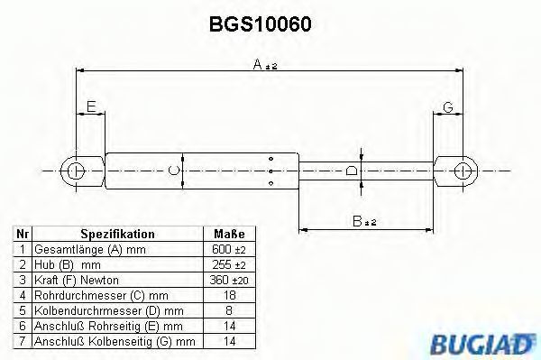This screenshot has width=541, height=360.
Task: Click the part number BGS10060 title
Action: (261, 24)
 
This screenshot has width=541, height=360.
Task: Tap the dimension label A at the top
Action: (258, 64)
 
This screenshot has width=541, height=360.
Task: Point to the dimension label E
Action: (91, 106)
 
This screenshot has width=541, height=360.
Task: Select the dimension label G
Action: (448, 107)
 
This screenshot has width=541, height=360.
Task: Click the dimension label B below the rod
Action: (357, 221)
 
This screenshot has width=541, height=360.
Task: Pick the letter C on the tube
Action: (173, 171)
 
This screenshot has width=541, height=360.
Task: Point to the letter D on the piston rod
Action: (352, 171)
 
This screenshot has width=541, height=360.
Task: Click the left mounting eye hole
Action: (75, 171)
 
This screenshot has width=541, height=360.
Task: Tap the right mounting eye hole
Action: (463, 171)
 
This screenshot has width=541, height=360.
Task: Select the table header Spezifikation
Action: (117, 234)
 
